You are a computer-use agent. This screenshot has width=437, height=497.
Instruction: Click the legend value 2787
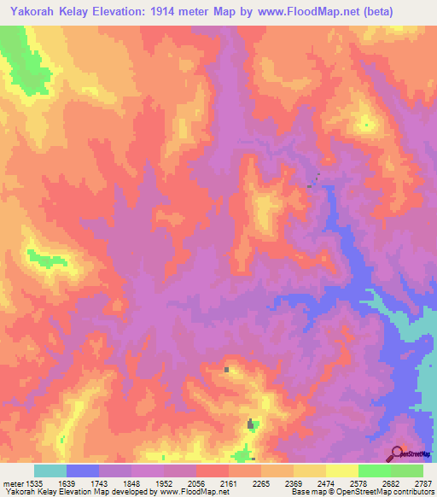422,482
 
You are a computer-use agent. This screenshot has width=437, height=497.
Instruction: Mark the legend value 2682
390,482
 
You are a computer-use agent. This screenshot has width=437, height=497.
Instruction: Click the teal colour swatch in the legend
50,471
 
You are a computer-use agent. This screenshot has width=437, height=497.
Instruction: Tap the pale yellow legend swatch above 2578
341,471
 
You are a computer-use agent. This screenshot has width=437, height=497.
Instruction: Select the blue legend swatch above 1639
82,471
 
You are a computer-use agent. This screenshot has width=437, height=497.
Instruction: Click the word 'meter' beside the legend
10,482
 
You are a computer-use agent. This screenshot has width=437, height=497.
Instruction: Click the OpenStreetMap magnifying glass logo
396,453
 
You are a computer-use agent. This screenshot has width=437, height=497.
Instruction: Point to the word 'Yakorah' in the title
29,11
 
